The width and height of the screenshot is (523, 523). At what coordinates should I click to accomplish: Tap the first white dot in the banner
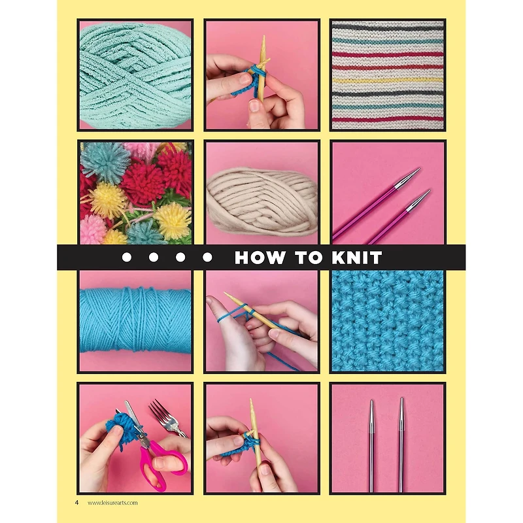click(126, 258)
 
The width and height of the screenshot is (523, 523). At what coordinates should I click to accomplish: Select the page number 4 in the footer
click(76, 502)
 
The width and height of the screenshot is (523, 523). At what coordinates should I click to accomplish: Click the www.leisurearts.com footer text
click(112, 502)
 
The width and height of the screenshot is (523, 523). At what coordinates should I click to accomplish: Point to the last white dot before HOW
click(207, 258)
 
